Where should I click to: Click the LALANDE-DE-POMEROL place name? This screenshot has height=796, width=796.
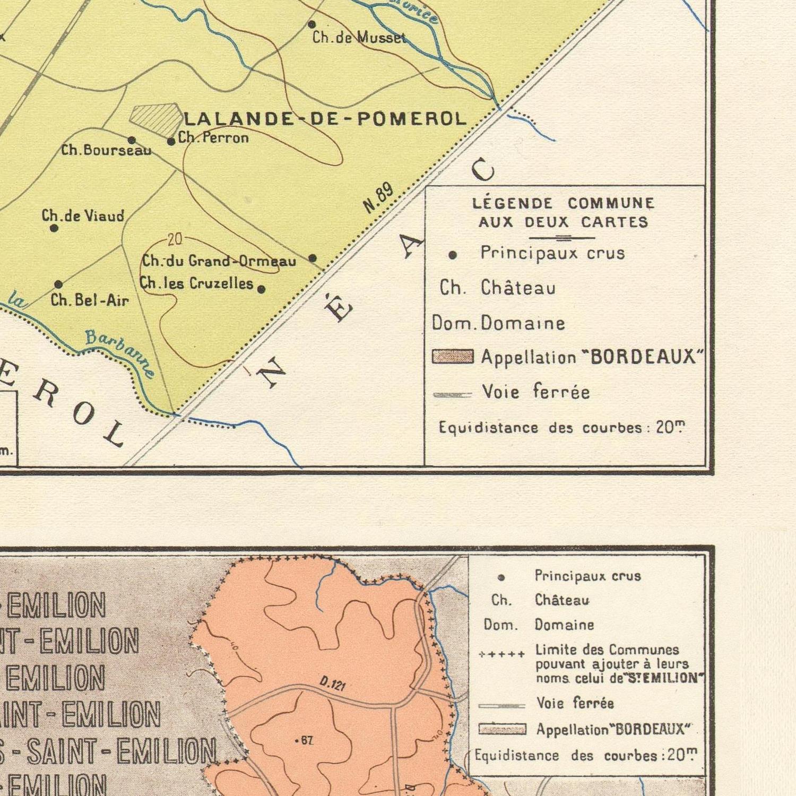[x=325, y=118]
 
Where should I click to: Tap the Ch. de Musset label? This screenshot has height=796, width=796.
[x=359, y=38]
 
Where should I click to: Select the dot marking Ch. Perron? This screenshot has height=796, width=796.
[x=171, y=142]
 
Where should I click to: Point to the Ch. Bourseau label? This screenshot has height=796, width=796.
[x=106, y=150]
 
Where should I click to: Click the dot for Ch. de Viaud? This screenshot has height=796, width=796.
[x=54, y=228]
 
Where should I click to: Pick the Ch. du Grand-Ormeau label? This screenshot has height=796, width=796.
[x=219, y=261]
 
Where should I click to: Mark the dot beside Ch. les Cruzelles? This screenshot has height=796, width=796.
[x=261, y=289]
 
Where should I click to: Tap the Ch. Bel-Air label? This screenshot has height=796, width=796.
[x=90, y=300]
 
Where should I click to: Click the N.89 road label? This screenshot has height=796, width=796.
[x=379, y=198]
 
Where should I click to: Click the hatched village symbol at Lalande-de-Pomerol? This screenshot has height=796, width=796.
[x=157, y=118]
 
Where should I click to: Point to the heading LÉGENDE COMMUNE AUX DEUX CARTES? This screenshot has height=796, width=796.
[x=563, y=212]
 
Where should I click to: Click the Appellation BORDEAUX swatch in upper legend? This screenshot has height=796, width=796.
[x=453, y=357]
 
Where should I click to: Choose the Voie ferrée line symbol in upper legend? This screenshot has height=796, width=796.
[x=452, y=395]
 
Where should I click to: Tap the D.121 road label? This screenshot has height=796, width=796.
[x=333, y=683]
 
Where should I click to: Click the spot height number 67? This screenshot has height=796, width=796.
[x=306, y=740]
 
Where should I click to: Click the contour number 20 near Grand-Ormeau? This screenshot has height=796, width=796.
[x=175, y=240]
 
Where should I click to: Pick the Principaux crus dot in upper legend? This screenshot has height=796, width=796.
[x=452, y=255]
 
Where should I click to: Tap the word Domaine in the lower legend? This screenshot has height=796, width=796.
[x=564, y=625]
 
